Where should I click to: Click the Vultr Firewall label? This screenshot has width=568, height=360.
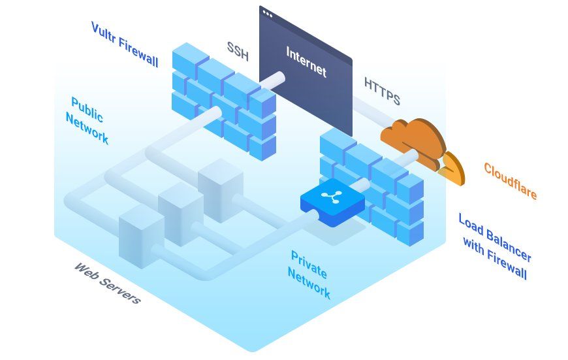pyautogui.click(x=125, y=44)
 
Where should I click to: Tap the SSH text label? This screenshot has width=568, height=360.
pyautogui.click(x=238, y=51)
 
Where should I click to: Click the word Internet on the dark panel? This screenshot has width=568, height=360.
pyautogui.click(x=306, y=61)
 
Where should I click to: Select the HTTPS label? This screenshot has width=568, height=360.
pyautogui.click(x=382, y=91)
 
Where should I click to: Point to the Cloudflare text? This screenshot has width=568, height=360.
pyautogui.click(x=510, y=181)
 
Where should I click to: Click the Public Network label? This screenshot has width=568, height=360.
pyautogui.click(x=87, y=120)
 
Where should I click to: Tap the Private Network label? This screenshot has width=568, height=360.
pyautogui.click(x=309, y=275)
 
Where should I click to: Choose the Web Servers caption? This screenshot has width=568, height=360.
pyautogui.click(x=108, y=284)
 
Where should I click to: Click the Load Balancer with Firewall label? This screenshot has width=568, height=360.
pyautogui.click(x=495, y=246)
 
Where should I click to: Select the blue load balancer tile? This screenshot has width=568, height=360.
pyautogui.click(x=332, y=202)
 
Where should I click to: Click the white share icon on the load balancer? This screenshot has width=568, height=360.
pyautogui.click(x=330, y=196)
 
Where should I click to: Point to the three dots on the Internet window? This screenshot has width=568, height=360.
pyautogui.click(x=268, y=14)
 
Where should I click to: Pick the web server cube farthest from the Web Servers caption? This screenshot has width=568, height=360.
pyautogui.click(x=221, y=189)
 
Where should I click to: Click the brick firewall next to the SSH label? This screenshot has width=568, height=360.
pyautogui.click(x=224, y=101)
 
